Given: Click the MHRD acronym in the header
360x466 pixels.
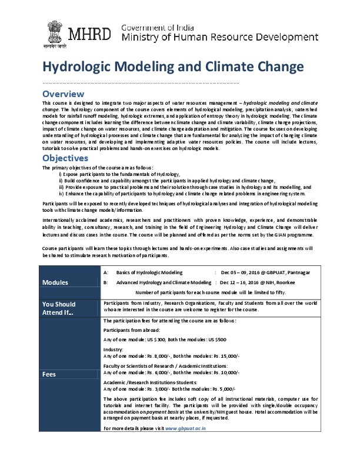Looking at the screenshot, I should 89,32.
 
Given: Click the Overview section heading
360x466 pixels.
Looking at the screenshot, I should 63,94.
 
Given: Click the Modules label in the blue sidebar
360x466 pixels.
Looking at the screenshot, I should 55,282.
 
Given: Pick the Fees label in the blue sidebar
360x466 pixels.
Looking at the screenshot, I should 49,374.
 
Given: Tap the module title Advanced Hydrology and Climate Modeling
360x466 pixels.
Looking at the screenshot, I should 164,282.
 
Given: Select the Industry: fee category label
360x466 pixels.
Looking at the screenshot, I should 113,349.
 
